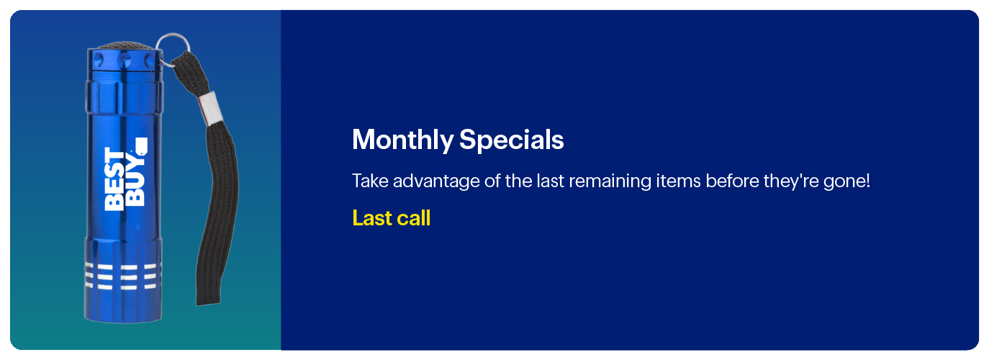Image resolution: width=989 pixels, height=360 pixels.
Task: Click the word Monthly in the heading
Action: point(402,140)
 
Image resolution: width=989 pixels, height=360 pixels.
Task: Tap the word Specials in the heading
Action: point(511,140)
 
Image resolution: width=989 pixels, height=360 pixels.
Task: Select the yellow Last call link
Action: point(391,218)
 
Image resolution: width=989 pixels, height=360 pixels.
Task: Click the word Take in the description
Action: point(370,181)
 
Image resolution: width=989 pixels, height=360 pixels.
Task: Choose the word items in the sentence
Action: point(678,181)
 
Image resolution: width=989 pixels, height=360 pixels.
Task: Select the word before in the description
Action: point(732,181)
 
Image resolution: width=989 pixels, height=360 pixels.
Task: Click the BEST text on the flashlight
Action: point(114,179)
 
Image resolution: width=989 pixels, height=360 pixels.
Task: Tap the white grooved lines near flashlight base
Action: point(123,276)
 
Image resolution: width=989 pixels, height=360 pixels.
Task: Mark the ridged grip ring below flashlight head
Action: point(124,96)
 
